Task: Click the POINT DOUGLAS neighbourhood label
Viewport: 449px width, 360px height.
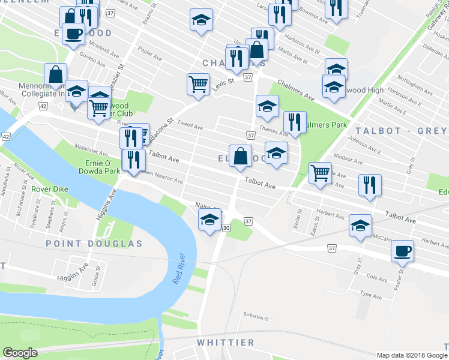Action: pos(94,244)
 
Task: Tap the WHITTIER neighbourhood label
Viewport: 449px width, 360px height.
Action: pos(226,343)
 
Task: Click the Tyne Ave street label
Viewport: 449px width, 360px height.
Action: pos(370,295)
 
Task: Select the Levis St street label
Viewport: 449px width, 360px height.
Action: pos(222,85)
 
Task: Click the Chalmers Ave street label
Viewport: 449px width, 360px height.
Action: pos(295,91)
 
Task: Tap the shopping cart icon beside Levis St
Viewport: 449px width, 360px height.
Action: pos(198,83)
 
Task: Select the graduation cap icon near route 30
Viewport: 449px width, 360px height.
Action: pos(209,220)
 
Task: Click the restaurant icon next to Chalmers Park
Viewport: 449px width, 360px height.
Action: pos(295,122)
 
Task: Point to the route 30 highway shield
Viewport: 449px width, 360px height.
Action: pos(226,228)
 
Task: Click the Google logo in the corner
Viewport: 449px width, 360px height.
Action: pos(20,353)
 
